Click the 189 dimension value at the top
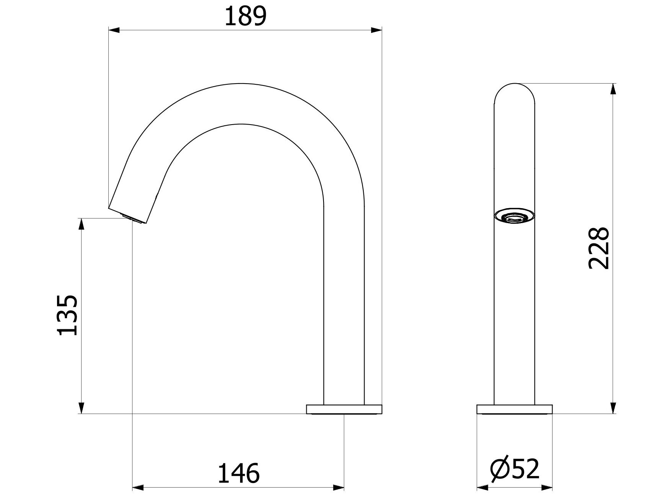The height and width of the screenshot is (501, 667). coord(245,16)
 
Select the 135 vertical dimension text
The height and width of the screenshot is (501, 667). coord(68,315)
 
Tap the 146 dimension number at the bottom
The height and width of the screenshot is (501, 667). coord(239,473)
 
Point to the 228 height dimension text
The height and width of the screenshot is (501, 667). coord(598,248)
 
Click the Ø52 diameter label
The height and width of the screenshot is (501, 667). coord(515,468)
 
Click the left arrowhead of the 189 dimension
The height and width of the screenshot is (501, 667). coord(114,30)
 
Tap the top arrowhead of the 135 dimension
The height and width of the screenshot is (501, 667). coord(81,224)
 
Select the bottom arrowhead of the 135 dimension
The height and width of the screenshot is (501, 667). coord(81,408)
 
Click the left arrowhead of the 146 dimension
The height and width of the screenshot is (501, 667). coord(137,488)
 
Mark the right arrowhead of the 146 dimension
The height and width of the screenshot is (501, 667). coord(338,488)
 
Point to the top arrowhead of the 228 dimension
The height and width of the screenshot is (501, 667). coord(613,89)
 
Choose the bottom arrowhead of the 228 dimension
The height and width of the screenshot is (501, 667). coord(613,408)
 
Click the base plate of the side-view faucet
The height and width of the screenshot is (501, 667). coord(344,409)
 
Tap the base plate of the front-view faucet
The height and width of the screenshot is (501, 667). coord(514,409)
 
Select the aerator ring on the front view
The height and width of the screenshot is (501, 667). coord(514,216)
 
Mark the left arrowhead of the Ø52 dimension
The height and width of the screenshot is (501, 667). coord(482,488)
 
